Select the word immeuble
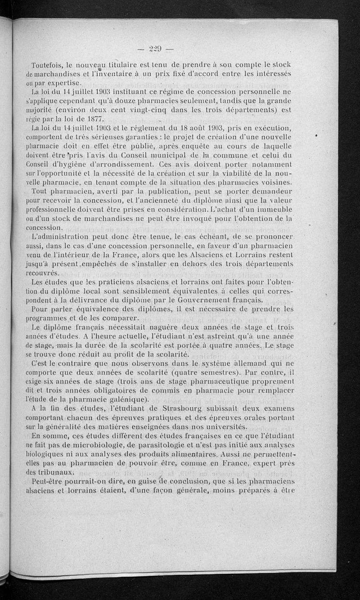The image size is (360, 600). pyautogui.click(x=275, y=210)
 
